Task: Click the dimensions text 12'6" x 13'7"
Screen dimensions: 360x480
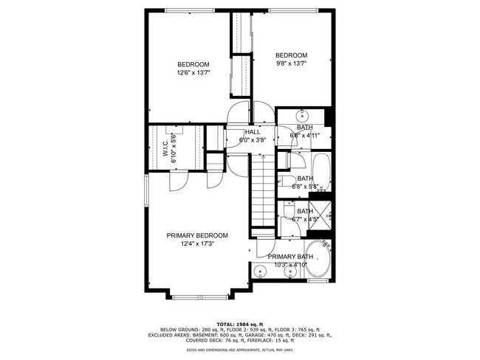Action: tap(193, 73)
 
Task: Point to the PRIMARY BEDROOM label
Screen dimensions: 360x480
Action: tap(196, 235)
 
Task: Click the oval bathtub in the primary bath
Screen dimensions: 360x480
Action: tap(320, 260)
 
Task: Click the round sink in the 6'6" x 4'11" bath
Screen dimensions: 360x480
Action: tap(304, 116)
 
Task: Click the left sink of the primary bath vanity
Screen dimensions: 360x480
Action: tap(260, 271)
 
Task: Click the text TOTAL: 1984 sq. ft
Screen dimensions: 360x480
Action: tap(240, 324)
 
